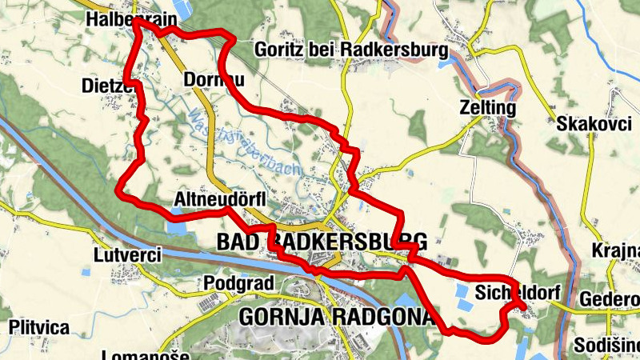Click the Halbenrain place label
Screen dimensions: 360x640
(119, 18)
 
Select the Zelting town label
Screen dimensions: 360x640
(487, 107)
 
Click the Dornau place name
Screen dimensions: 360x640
(213, 80)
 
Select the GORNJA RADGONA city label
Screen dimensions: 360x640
(335, 317)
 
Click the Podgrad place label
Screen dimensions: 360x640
(239, 283)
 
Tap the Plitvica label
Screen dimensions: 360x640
(39, 327)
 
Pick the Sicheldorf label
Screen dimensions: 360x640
(516, 290)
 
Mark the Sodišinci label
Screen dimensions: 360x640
(607, 345)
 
